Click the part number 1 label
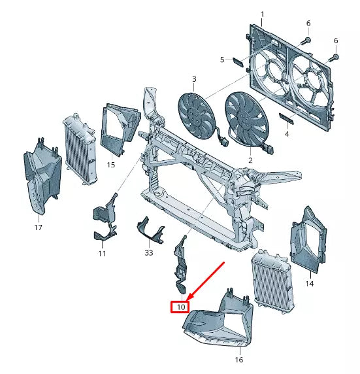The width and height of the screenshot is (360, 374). click(263, 14)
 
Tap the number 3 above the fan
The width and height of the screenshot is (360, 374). click(194, 80)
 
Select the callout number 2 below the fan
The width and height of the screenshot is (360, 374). click(250, 160)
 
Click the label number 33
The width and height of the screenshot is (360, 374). click(148, 252)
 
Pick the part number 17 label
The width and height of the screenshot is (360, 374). click(38, 228)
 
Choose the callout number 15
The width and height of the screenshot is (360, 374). click(110, 165)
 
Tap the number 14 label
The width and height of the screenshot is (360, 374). click(309, 284)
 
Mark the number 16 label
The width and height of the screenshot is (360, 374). click(238, 360)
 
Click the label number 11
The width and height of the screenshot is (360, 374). click(102, 253)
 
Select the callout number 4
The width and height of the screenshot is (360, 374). click(287, 134)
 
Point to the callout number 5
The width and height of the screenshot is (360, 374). click(221, 60)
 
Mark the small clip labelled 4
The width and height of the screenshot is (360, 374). click(287, 119)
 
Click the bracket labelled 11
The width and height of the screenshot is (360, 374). click(104, 218)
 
